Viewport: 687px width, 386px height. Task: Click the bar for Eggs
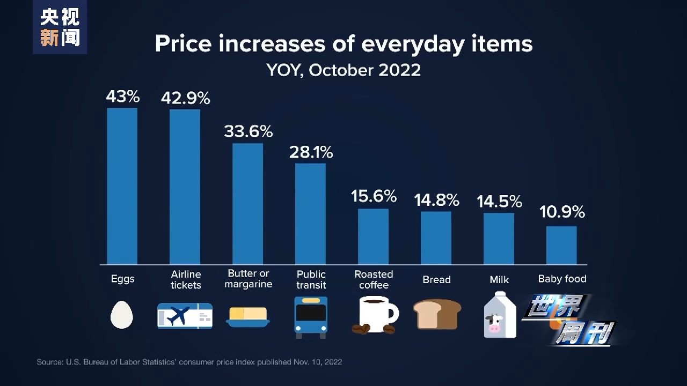coord(122,186)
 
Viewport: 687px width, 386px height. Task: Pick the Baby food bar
coord(561,245)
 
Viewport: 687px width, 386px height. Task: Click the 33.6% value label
coord(248,131)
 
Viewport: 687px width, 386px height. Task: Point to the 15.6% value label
coord(374,196)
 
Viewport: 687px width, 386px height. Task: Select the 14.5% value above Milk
coord(499,202)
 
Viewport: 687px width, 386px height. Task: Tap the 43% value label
coord(122,97)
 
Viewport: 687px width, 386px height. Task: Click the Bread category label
coord(436,279)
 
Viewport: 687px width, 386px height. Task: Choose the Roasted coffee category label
coord(374,279)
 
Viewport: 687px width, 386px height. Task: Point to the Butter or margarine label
coord(248,279)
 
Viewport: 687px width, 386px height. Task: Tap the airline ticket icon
coord(185,316)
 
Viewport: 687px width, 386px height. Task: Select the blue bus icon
coord(311,317)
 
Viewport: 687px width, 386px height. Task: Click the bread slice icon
coord(437,314)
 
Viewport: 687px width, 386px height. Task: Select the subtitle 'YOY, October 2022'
coord(343,70)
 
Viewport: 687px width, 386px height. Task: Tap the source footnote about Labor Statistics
coord(189,362)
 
